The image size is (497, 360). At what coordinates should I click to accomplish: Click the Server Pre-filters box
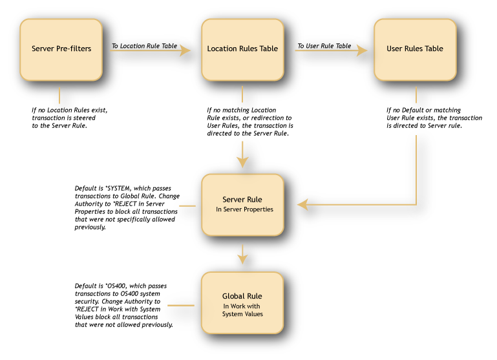click(x=61, y=50)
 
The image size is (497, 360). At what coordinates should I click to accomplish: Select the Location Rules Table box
click(x=242, y=50)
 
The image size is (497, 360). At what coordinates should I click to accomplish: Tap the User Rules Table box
click(x=415, y=50)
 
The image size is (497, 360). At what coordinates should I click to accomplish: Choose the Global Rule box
click(x=242, y=302)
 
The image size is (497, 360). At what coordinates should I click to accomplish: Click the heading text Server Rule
click(x=242, y=200)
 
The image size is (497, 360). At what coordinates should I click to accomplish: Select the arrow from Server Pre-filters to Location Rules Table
click(x=150, y=50)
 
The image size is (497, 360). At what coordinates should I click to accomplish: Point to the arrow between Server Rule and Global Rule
click(x=242, y=254)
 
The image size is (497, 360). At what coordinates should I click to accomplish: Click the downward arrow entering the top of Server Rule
click(x=242, y=154)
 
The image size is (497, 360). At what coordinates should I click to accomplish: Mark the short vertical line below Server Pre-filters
click(x=59, y=96)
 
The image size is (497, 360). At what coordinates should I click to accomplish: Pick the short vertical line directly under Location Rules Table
click(x=242, y=94)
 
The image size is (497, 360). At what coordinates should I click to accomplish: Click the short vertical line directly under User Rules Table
click(x=416, y=95)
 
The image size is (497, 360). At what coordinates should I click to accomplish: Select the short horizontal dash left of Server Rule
click(x=187, y=206)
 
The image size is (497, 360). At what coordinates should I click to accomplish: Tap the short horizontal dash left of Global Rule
click(x=181, y=305)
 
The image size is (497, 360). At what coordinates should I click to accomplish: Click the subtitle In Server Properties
click(x=244, y=209)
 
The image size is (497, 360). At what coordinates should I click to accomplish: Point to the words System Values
click(x=242, y=314)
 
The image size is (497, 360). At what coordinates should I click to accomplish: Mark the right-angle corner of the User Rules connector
click(x=416, y=205)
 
